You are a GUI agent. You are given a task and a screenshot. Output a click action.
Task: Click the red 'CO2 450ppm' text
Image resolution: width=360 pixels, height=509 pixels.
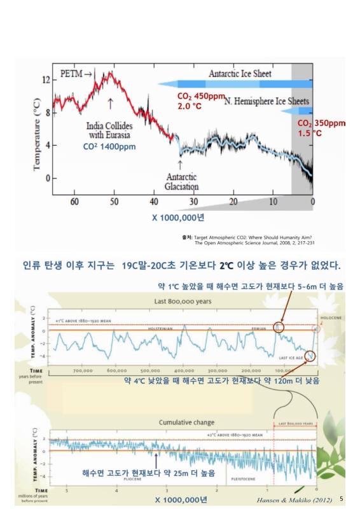202,96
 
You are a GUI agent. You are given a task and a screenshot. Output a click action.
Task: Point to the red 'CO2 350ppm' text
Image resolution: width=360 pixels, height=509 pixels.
321,123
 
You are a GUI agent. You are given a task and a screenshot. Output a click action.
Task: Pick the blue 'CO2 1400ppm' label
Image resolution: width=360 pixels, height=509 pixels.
109,146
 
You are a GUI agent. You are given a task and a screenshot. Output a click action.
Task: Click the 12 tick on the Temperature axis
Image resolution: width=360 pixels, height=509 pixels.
45,80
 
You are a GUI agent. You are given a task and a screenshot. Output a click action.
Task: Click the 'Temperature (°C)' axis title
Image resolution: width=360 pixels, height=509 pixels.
38,129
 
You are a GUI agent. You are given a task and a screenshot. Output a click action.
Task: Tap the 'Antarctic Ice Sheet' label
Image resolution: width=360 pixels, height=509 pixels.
240,74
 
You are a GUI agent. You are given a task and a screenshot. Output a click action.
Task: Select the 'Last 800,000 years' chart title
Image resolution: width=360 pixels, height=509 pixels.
181,302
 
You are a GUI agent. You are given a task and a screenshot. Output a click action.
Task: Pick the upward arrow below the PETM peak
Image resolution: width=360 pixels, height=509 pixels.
111,102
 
